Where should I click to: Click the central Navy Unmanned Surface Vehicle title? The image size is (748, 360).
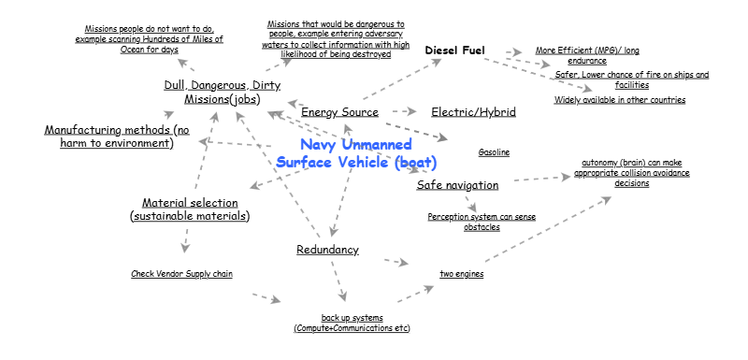tap(356, 153)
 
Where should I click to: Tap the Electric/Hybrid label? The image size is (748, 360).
tap(473, 112)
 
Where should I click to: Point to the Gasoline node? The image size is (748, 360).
tap(494, 152)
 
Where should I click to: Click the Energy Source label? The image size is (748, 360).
tap(339, 113)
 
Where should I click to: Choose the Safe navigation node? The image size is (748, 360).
tap(457, 185)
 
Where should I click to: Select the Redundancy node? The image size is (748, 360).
tap(327, 250)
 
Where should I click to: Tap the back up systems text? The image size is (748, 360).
tap(352, 324)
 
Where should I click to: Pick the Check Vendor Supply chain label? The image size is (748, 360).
tap(181, 274)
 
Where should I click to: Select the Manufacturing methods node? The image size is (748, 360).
tap(117, 137)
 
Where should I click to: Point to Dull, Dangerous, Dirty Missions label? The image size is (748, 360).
tap(222, 92)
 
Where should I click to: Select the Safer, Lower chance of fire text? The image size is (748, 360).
tap(632, 79)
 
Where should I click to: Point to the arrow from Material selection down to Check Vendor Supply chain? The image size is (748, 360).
tap(185, 239)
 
